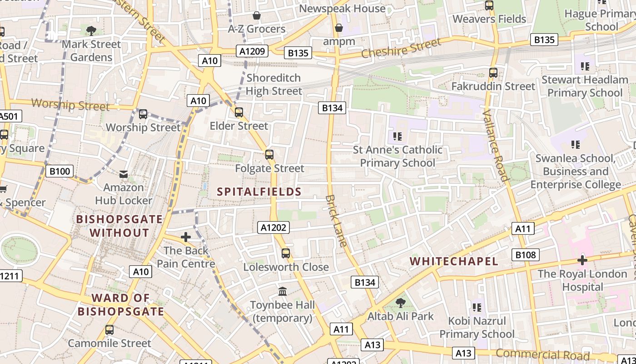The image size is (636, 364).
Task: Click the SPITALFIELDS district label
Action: click(259, 192)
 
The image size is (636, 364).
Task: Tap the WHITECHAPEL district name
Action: click(454, 261)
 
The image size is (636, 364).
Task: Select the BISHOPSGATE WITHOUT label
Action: click(119, 226)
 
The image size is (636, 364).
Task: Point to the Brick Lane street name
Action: click(336, 221)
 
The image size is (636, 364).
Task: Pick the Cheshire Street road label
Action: click(401, 48)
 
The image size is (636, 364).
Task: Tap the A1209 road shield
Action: click(252, 51)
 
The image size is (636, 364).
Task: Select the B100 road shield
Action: click(60, 172)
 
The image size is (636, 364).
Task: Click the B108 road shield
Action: click(525, 255)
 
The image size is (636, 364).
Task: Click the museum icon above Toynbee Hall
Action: click(283, 291)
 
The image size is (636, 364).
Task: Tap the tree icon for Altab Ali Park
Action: click(400, 303)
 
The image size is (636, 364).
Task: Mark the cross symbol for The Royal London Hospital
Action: click(582, 260)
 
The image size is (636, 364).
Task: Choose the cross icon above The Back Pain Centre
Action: click(185, 237)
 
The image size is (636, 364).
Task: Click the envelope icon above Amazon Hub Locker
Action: click(124, 174)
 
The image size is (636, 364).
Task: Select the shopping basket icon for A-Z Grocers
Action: click(257, 16)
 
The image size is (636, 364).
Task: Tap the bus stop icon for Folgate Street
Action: click(269, 155)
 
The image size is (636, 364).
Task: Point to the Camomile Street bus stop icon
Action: click(109, 330)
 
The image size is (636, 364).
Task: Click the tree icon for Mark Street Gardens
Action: click(91, 31)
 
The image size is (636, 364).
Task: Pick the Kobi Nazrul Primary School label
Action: click(477, 328)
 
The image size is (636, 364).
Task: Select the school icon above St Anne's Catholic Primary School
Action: click(397, 136)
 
